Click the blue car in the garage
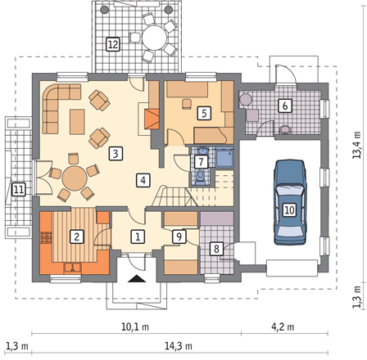[290, 202]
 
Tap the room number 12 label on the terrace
[113, 44]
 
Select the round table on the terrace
[154, 38]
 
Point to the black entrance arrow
[136, 278]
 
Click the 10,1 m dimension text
[135, 326]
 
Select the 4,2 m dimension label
[283, 326]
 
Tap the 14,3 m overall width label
[179, 346]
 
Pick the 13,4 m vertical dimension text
[356, 145]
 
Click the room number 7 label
[201, 162]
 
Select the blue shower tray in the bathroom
[224, 158]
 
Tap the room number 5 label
[204, 113]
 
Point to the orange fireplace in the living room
[152, 119]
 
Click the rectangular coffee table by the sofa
[77, 122]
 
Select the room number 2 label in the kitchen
[77, 236]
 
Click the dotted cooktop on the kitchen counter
[46, 237]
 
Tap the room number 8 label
[216, 249]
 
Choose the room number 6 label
[285, 106]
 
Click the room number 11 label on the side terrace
[19, 189]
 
